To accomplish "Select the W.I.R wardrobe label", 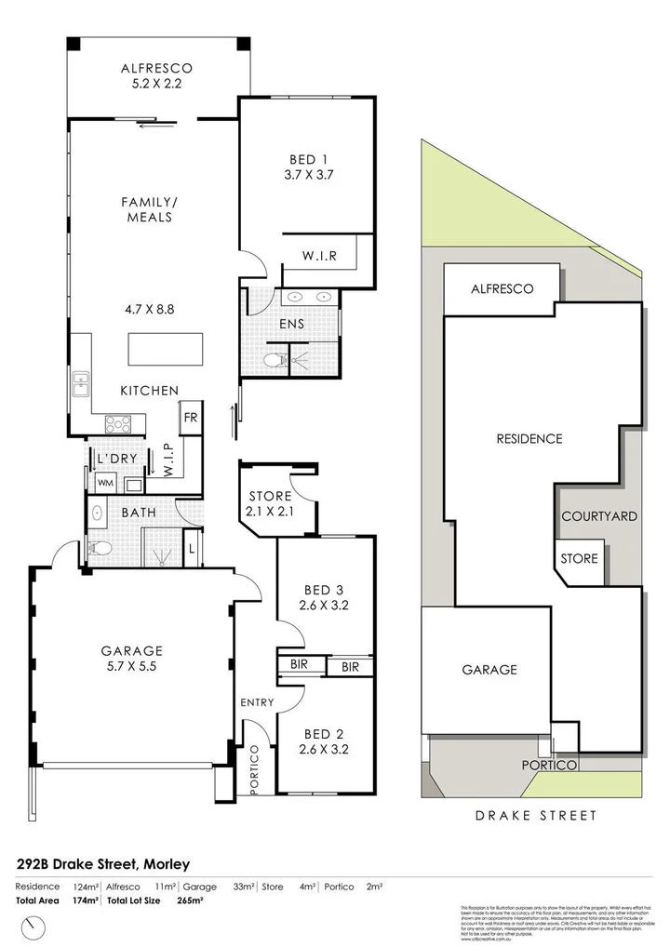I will pyautogui.click(x=319, y=256).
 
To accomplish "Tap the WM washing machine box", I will pyautogui.click(x=105, y=484).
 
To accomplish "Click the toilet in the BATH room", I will pyautogui.click(x=99, y=549).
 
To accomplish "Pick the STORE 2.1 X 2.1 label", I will pyautogui.click(x=270, y=503).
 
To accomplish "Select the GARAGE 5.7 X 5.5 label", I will pyautogui.click(x=131, y=660).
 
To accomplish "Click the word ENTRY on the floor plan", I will pyautogui.click(x=256, y=702).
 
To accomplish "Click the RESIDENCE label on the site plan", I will pyautogui.click(x=529, y=439).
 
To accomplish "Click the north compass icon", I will pyautogui.click(x=35, y=927).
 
